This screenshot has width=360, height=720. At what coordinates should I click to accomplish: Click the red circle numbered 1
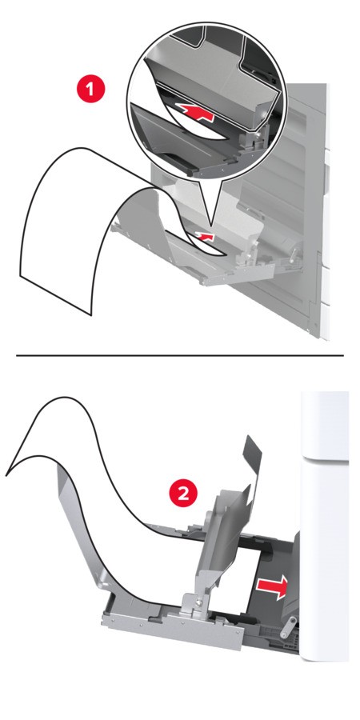coord(90,88)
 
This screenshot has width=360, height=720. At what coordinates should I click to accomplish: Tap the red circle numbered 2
coord(183,494)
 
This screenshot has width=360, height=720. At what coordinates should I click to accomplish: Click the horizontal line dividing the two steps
coord(180,355)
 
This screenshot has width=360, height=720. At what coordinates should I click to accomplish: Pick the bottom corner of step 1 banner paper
coord(90,315)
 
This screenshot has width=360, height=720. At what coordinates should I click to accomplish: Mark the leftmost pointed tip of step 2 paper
coord(6,474)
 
